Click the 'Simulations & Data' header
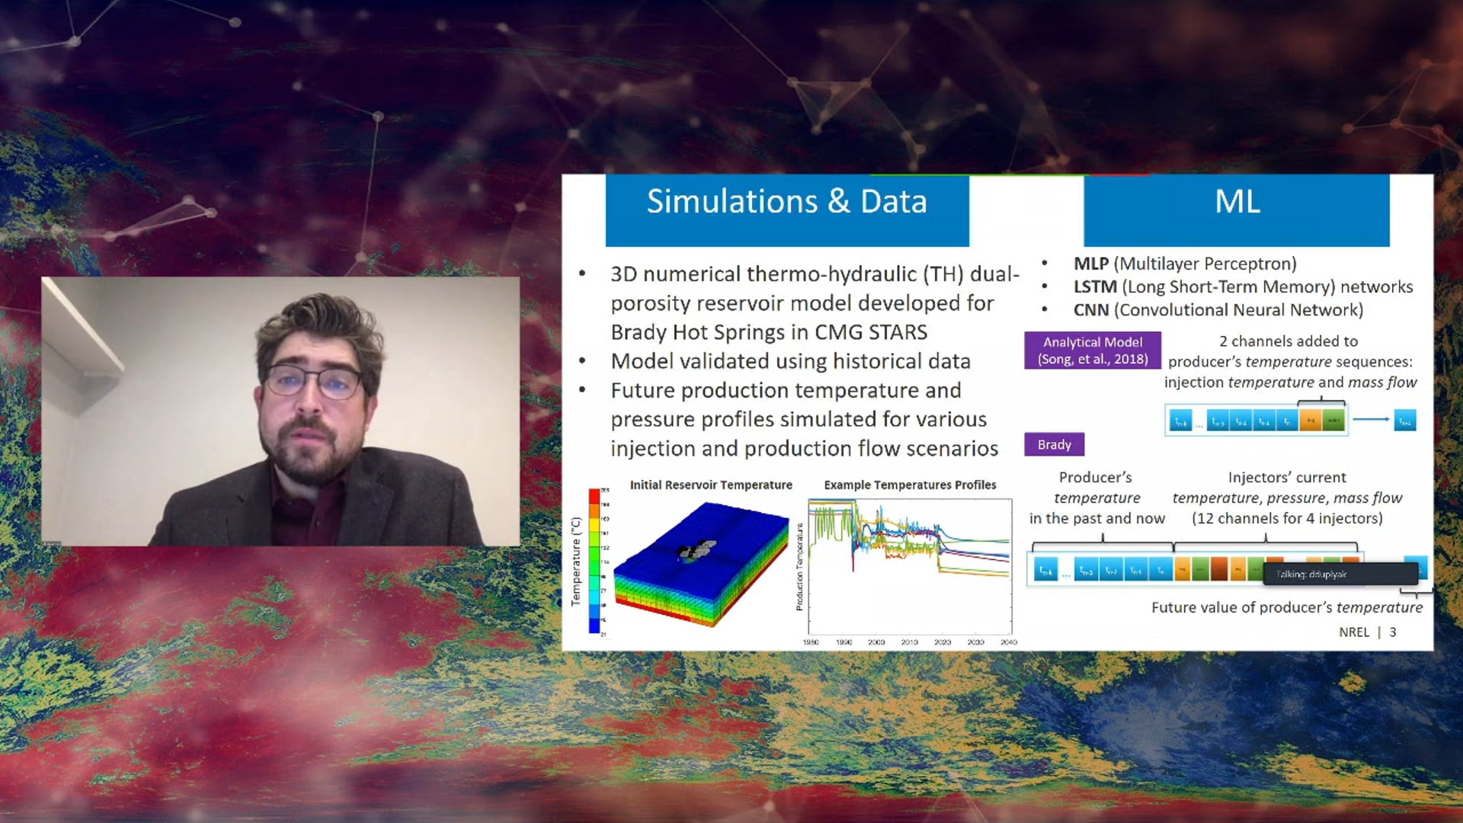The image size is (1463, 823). click(786, 203)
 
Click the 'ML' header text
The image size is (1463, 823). click(1237, 203)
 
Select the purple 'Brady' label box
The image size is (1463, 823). click(1054, 444)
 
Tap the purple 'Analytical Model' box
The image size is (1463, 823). click(1092, 351)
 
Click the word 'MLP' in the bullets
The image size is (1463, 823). click(1090, 264)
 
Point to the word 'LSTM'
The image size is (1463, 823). click(1094, 287)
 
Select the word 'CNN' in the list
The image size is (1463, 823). click(1090, 310)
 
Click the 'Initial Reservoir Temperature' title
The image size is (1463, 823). click(710, 485)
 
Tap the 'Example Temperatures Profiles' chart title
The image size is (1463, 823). click(910, 485)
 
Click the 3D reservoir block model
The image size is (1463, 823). click(701, 564)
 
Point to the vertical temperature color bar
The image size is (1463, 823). click(594, 561)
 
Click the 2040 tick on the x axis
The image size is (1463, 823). click(1008, 642)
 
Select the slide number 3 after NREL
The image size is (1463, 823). click(1393, 632)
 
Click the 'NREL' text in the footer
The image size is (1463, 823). click(1353, 632)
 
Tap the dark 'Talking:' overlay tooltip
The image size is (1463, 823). click(1340, 574)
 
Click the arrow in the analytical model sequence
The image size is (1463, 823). click(1371, 419)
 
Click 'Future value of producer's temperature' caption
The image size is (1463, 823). click(1286, 607)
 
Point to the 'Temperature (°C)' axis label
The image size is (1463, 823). click(576, 561)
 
